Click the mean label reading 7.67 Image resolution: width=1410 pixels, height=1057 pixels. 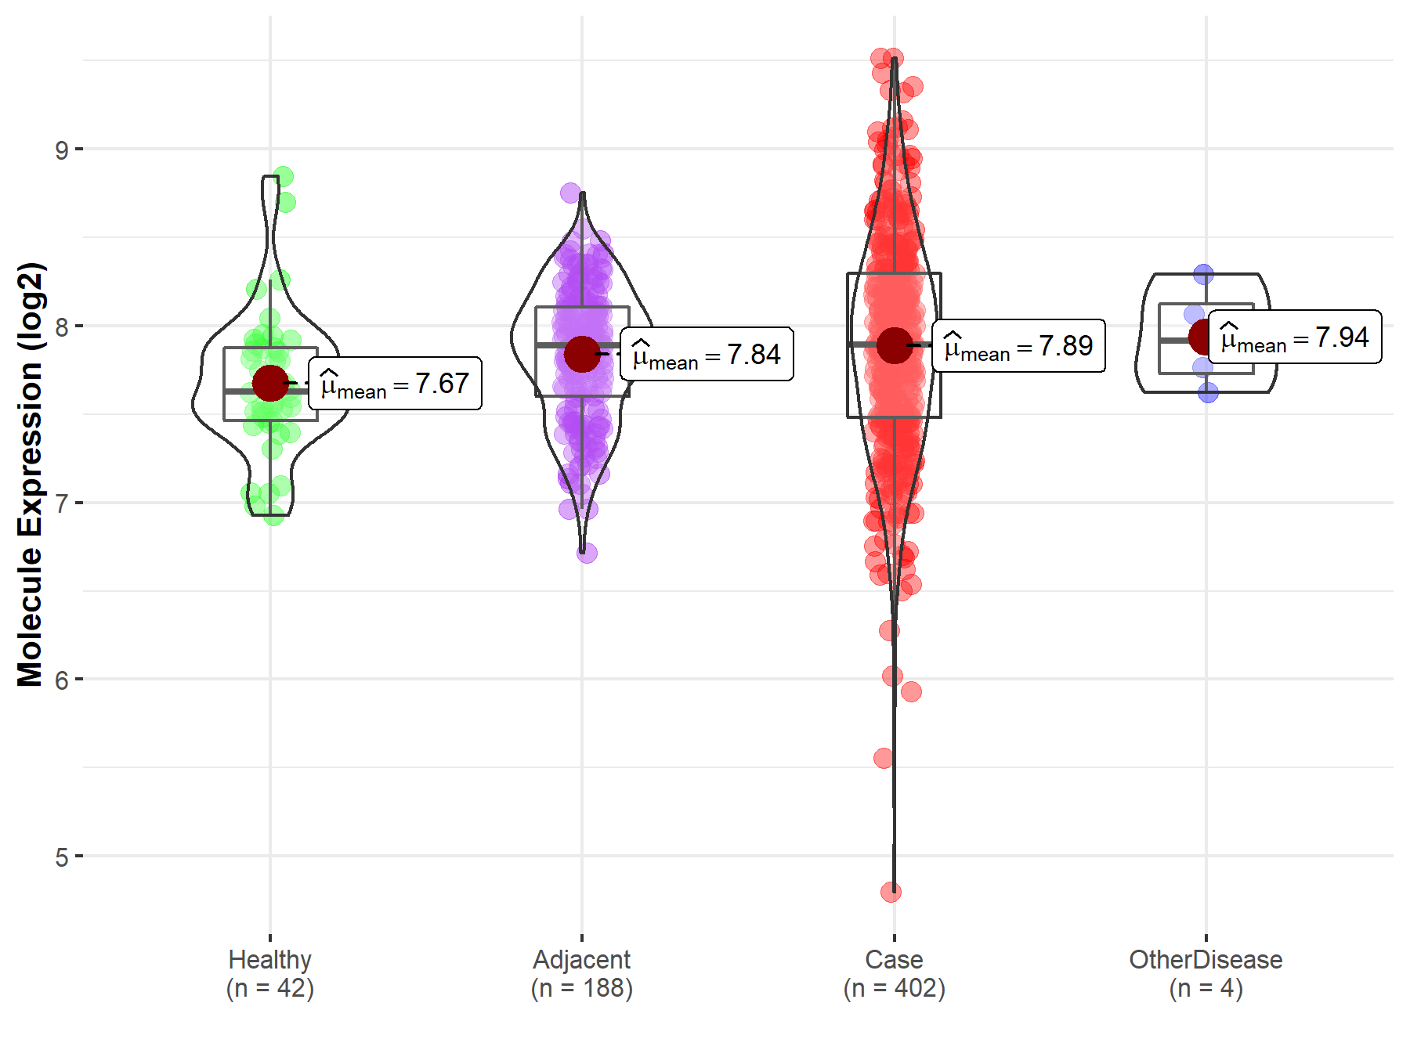click(x=395, y=384)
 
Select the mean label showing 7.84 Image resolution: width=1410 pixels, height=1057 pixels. click(x=707, y=355)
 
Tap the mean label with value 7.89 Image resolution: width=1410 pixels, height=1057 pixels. click(x=1018, y=345)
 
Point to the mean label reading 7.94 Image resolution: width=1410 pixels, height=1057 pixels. click(x=1295, y=337)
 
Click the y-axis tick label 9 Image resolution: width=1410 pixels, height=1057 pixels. click(x=62, y=149)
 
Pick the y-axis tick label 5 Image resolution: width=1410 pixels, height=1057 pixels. click(x=62, y=857)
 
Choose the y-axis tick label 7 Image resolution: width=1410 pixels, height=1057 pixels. click(x=62, y=503)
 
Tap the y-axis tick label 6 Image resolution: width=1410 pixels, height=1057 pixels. click(x=62, y=680)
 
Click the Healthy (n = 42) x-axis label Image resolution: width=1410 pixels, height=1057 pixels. click(x=270, y=973)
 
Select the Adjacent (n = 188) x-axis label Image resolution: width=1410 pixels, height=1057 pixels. click(x=582, y=973)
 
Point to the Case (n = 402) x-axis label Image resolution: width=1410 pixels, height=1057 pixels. click(x=894, y=973)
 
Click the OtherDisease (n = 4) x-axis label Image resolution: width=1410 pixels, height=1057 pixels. click(x=1206, y=973)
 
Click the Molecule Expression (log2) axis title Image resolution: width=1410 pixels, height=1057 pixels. click(x=30, y=474)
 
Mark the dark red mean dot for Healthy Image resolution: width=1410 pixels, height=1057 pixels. click(x=270, y=383)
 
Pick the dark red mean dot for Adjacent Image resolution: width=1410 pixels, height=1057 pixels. click(x=582, y=354)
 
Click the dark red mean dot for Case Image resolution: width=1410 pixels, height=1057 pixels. click(x=894, y=345)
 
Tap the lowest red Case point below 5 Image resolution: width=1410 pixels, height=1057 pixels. click(x=891, y=892)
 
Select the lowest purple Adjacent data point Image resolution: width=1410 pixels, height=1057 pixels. click(x=587, y=553)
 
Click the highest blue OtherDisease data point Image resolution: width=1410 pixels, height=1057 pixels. click(x=1203, y=274)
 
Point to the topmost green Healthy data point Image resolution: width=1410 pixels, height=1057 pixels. click(x=284, y=176)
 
